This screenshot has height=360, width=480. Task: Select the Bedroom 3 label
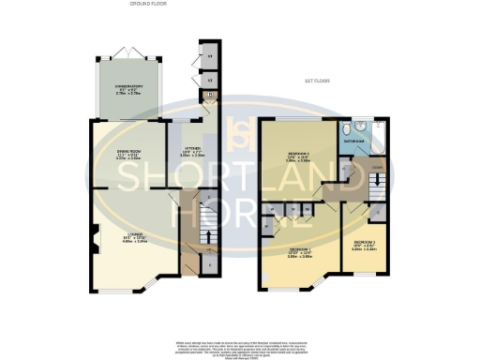point(364,242)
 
